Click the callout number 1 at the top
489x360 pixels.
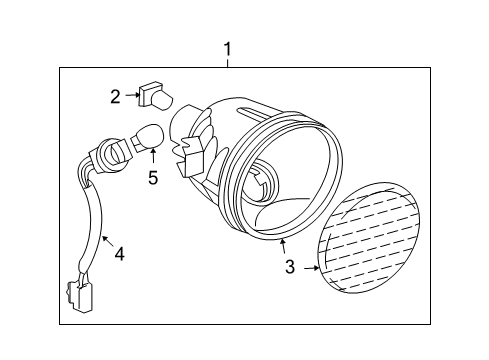pyautogui.click(x=228, y=47)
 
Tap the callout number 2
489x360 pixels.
pyautogui.click(x=115, y=96)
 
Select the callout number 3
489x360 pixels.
pyautogui.click(x=290, y=267)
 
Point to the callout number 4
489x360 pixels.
pyautogui.click(x=119, y=254)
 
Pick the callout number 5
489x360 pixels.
pyautogui.click(x=153, y=180)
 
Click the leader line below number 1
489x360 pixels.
pyautogui.click(x=228, y=62)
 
